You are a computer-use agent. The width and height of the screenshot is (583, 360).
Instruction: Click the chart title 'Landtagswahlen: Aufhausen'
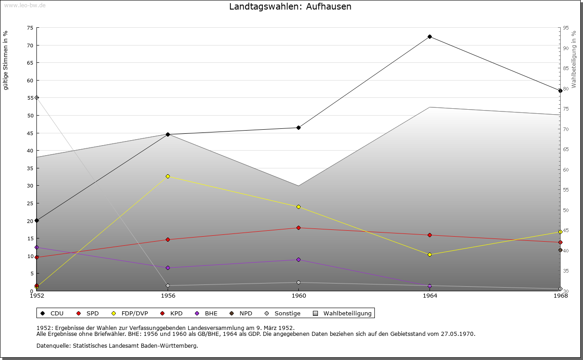290,7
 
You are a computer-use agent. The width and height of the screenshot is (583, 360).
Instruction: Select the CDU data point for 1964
430,36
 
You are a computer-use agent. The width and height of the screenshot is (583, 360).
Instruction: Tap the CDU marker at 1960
298,127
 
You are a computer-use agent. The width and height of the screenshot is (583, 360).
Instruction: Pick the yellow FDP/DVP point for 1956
168,176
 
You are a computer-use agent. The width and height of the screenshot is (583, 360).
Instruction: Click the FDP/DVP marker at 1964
430,254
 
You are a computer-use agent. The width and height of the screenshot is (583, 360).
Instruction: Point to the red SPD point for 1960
298,228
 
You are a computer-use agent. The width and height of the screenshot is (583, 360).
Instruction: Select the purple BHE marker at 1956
168,268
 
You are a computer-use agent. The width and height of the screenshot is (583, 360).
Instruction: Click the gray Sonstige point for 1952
36,97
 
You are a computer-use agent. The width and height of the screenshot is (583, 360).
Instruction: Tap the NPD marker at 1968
560,250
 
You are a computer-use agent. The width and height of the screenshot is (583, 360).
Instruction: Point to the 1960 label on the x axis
298,296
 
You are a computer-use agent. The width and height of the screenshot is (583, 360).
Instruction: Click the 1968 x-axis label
560,296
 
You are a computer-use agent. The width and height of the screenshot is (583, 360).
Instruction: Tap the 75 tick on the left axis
30,28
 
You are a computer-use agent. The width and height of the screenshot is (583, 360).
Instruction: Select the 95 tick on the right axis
566,28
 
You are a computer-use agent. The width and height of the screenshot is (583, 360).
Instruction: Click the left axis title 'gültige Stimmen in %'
6,60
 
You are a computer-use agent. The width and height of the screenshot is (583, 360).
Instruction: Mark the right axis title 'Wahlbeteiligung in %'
574,59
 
